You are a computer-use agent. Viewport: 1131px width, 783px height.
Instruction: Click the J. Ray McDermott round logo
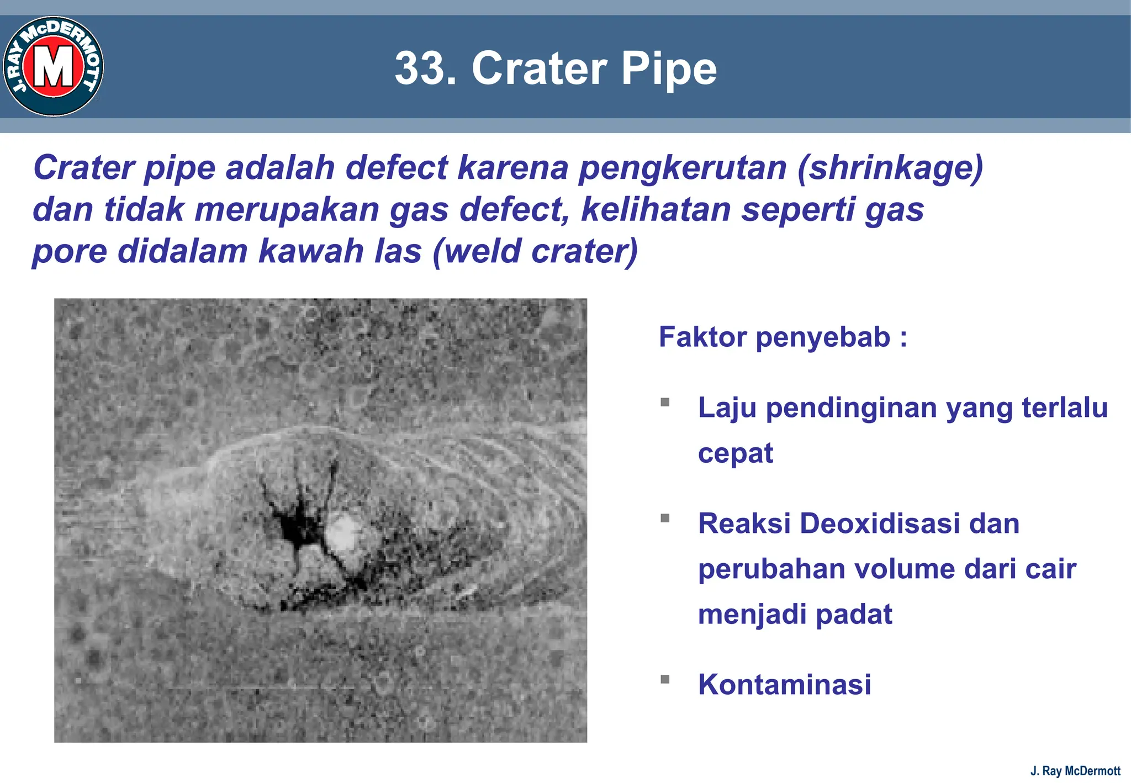tap(54, 66)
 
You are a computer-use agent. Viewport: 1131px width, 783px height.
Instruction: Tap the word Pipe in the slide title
tap(669, 68)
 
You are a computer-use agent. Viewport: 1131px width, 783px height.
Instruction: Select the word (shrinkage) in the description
tap(890, 168)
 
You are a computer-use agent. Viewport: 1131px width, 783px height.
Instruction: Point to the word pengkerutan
tap(682, 168)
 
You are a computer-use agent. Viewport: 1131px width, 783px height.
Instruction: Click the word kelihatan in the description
tap(656, 210)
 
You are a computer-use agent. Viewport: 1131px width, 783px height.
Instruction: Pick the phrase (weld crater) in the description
tap(535, 251)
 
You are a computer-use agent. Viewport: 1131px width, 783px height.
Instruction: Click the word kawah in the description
tap(310, 251)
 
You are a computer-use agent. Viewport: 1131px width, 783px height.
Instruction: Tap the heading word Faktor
tap(702, 337)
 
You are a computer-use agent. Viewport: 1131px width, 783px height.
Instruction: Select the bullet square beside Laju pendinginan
tap(665, 402)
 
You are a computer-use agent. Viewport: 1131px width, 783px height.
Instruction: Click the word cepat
tap(735, 454)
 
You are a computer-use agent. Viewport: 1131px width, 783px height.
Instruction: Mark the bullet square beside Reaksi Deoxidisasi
tap(665, 518)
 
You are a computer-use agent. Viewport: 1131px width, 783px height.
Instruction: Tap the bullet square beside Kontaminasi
tap(665, 679)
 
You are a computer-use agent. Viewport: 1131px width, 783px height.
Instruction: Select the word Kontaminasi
tap(784, 685)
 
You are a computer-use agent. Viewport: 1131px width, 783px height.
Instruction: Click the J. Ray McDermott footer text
tap(1075, 771)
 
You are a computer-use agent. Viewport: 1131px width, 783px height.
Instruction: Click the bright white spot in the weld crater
tap(343, 532)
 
